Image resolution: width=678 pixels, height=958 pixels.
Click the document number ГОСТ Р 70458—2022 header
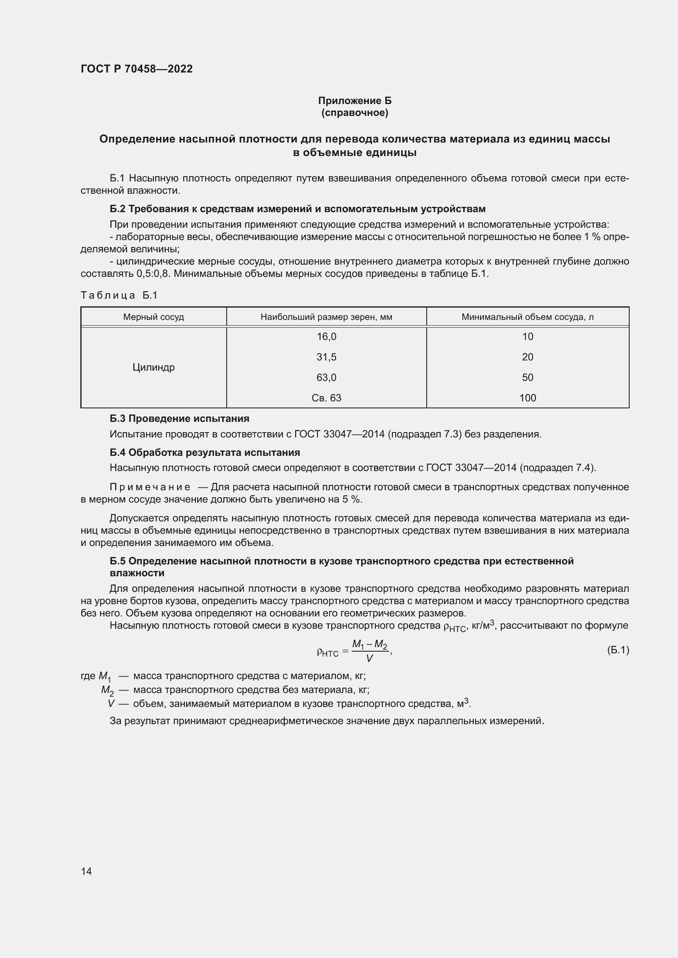(x=137, y=69)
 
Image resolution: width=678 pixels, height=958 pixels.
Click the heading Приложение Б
(x=355, y=101)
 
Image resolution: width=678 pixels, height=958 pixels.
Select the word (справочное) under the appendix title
(x=355, y=113)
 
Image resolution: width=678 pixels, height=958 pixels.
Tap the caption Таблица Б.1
(x=119, y=295)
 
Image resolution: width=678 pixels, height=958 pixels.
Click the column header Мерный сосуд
(x=153, y=317)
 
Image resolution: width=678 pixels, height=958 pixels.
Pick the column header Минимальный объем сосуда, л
(x=527, y=317)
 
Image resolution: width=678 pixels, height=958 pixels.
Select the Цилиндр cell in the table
(x=153, y=367)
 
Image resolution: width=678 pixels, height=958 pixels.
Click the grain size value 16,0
(x=326, y=336)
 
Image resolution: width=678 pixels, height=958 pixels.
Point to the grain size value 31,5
(x=326, y=357)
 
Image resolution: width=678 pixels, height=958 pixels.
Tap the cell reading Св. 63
(x=326, y=398)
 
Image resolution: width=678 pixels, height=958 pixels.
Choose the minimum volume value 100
(x=527, y=398)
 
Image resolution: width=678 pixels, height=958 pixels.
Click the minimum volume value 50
(x=527, y=377)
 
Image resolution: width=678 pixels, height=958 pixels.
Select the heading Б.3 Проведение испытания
(x=179, y=419)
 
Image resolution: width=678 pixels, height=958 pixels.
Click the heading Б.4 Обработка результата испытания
(x=205, y=453)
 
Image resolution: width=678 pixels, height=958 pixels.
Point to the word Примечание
(x=150, y=487)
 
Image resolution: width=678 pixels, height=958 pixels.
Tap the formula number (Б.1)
(x=618, y=650)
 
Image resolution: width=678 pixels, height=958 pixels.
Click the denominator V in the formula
(x=369, y=659)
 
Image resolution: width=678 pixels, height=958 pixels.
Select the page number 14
(x=86, y=871)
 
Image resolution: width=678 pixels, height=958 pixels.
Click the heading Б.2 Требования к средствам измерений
(x=297, y=208)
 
